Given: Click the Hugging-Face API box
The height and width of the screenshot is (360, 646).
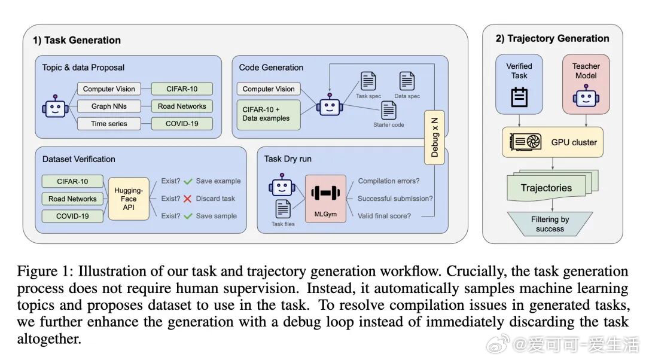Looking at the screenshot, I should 129,199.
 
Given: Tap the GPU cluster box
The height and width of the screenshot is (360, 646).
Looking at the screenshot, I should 553,142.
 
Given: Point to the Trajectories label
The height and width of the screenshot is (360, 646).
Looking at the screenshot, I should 546,188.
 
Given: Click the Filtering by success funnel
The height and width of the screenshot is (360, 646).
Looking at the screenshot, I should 550,224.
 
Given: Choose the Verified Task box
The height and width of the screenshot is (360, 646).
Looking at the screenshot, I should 519,84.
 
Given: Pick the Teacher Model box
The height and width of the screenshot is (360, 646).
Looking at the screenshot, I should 586,84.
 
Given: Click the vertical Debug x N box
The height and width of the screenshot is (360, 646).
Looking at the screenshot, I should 434,137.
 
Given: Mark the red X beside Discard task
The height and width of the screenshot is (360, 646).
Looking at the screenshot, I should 188,199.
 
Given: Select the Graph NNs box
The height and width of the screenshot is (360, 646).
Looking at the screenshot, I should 109,106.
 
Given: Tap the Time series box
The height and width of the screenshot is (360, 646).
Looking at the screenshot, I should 109,124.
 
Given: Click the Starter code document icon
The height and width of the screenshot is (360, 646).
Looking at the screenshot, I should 389,110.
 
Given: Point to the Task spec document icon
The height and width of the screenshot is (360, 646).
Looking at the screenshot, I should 368,81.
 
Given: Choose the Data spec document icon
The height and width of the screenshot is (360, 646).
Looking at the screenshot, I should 407,81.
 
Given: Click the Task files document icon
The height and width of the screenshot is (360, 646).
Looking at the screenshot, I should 282,209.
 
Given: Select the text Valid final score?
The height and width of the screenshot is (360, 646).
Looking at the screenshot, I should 384,216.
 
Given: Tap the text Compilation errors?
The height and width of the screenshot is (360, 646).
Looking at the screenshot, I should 388,181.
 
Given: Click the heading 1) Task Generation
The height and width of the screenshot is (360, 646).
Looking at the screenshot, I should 77,41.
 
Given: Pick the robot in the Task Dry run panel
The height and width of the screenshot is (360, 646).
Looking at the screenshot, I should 282,185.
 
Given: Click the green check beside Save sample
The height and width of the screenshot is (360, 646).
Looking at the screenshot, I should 188,216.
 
